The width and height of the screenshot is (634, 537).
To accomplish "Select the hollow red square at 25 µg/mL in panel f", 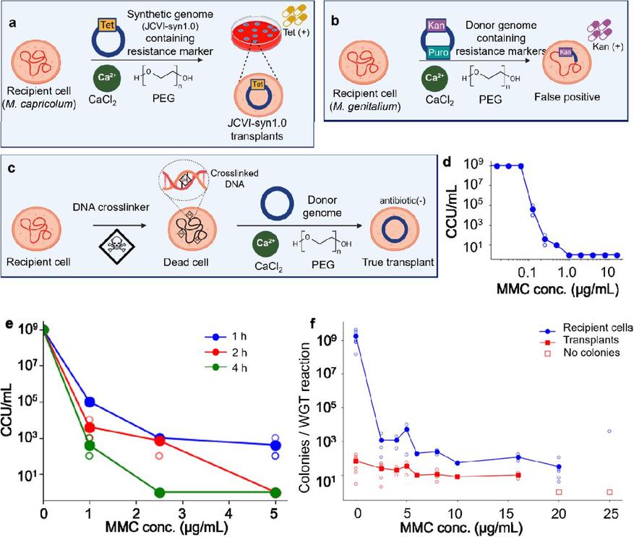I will click(609, 492).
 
